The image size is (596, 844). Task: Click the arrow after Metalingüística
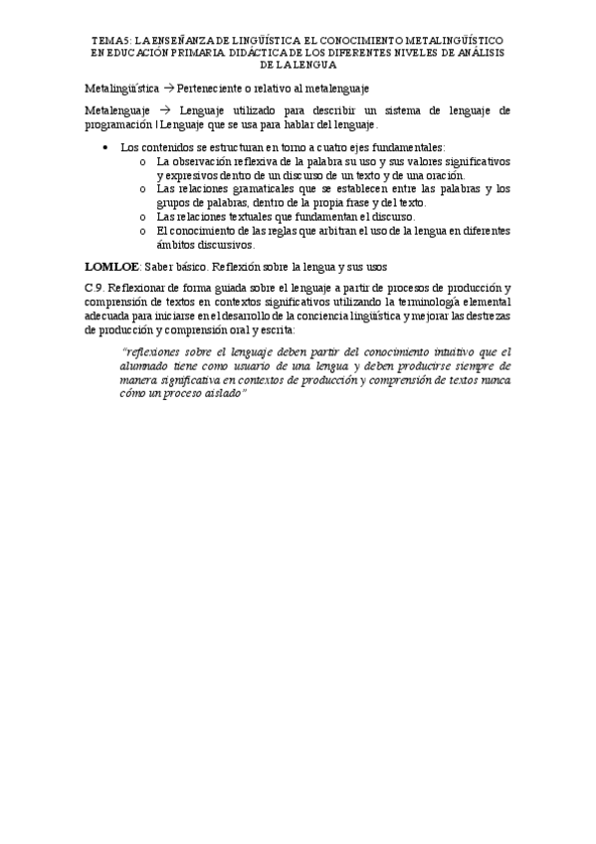coord(167,88)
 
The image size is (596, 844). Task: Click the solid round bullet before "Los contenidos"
coord(107,147)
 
